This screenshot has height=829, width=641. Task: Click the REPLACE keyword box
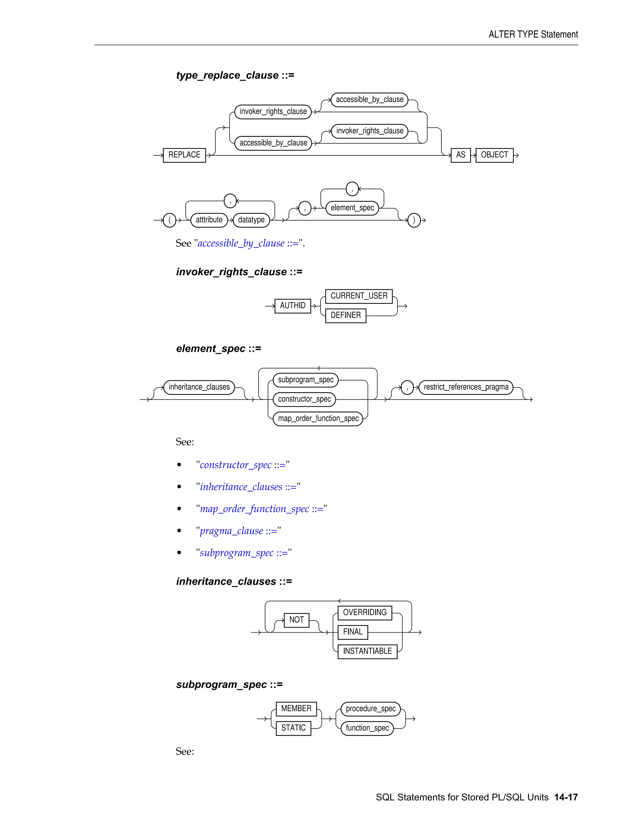pyautogui.click(x=184, y=155)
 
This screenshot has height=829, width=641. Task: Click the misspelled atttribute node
pyautogui.click(x=209, y=220)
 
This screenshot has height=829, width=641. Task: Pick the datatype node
pyautogui.click(x=251, y=220)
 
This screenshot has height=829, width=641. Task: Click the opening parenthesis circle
pyautogui.click(x=169, y=220)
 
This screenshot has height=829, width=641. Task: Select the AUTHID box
pyautogui.click(x=292, y=306)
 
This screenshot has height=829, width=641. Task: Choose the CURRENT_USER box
pyautogui.click(x=359, y=296)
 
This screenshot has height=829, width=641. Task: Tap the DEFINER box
pyautogui.click(x=346, y=315)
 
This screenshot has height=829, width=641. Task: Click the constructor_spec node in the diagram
pyautogui.click(x=304, y=399)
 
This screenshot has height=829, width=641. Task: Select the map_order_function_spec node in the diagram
pyautogui.click(x=318, y=418)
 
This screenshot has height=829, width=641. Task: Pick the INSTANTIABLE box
pyautogui.click(x=367, y=651)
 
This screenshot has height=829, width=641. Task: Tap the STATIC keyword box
pyautogui.click(x=293, y=728)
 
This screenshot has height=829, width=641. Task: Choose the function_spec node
pyautogui.click(x=367, y=728)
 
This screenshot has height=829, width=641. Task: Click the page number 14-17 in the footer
pyautogui.click(x=566, y=797)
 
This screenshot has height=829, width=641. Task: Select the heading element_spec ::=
pyautogui.click(x=218, y=348)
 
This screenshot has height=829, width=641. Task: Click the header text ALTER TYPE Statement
pyautogui.click(x=533, y=34)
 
